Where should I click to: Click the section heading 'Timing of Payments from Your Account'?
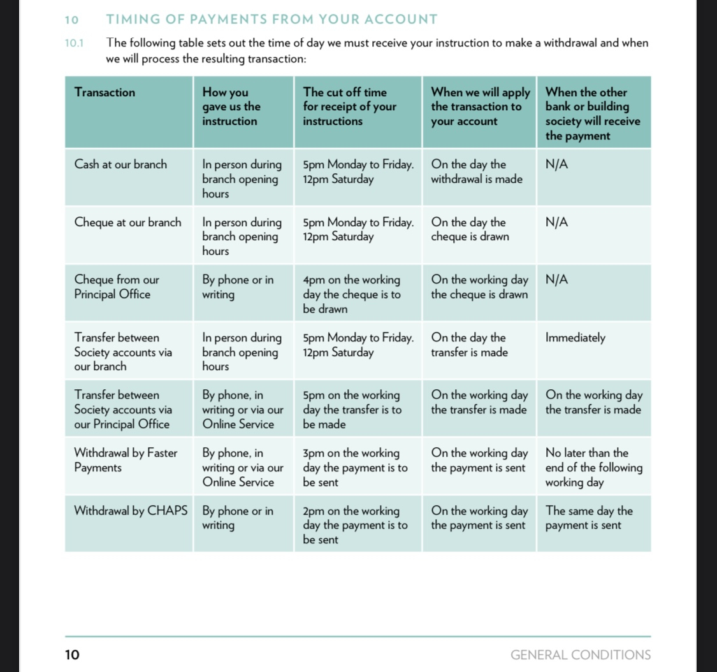coord(272,19)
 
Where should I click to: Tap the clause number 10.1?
coord(74,43)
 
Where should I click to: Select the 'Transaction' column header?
coord(105,92)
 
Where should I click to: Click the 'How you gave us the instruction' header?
coord(231,106)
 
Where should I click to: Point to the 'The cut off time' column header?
coord(350,106)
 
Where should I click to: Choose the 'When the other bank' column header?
coord(593,114)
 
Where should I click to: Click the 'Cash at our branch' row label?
coord(120,164)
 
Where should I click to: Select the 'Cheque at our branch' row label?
coord(127,222)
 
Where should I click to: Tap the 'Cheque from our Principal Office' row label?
coord(117,287)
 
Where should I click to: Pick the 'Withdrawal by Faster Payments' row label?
coord(126,460)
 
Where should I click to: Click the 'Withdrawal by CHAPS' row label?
coord(131,511)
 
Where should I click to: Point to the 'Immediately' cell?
coord(576,338)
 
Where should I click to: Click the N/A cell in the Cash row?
coord(556,164)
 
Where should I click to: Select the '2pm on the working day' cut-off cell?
coord(355,525)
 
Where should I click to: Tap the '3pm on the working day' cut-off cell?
coord(355,467)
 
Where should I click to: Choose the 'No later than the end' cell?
coord(593,467)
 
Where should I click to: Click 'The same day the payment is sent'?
coord(589,518)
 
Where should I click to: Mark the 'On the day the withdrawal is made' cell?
coord(477,171)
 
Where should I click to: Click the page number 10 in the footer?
coord(72,655)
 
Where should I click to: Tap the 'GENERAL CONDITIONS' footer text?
coord(581,655)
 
